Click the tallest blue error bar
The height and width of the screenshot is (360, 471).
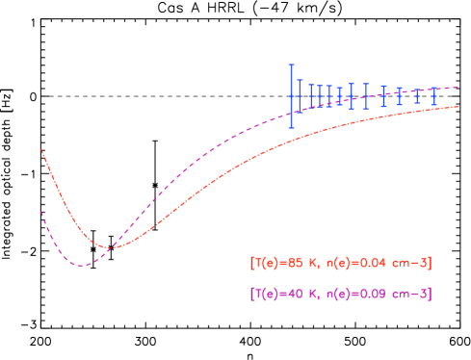(291, 95)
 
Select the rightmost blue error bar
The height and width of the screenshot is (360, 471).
(434, 95)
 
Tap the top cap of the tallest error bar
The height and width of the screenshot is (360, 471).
(291, 64)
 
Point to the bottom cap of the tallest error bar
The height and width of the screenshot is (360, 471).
(291, 126)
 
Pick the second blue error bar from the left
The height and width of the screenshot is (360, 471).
(300, 95)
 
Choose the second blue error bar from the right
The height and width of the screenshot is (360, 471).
(417, 96)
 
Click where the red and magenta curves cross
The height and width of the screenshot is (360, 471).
(109, 247)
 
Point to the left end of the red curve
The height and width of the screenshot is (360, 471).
(41, 149)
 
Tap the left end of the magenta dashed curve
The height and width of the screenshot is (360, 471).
(41, 212)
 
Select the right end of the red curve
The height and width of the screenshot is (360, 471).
(458, 106)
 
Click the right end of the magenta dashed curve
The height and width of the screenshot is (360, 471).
(458, 88)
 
